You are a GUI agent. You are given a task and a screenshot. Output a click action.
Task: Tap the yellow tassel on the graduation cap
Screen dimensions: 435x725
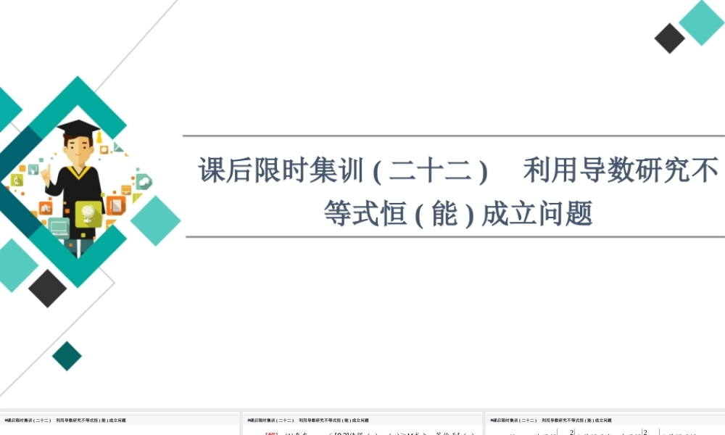point(96,138)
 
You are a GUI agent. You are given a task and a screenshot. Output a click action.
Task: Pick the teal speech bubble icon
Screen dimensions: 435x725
point(144,181)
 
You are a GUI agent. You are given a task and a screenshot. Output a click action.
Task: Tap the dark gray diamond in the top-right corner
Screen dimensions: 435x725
point(669,38)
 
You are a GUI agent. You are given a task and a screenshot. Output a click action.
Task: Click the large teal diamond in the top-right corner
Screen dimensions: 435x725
point(701,22)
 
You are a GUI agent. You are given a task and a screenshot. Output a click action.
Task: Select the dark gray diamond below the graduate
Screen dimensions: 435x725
point(48,288)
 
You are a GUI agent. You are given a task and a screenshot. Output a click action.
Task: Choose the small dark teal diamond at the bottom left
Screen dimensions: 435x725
point(67,356)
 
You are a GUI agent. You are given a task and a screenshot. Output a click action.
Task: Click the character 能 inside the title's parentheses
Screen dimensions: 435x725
point(444,213)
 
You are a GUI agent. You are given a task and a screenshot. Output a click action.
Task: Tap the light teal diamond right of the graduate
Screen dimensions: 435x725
point(155,220)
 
